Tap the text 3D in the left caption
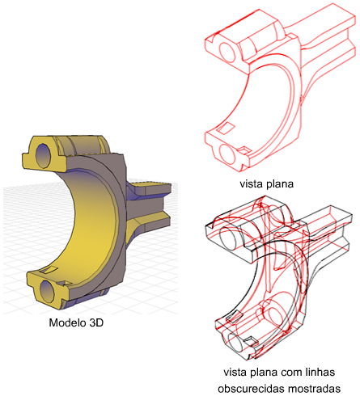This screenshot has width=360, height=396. [96, 322]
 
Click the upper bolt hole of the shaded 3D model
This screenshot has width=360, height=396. [44, 155]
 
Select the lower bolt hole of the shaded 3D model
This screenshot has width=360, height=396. [47, 291]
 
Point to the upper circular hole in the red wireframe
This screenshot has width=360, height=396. [227, 52]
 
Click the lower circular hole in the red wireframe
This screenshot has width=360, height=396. [227, 154]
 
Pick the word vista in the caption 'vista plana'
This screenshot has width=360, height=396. [249, 184]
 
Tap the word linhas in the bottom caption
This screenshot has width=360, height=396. [320, 373]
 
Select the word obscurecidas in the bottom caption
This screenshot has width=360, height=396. [251, 389]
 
